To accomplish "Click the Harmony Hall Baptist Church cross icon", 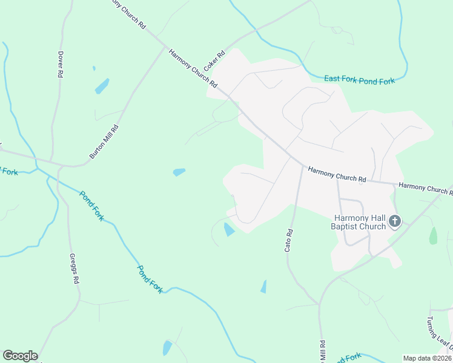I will pos(395,221).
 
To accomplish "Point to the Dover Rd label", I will pos(61,63).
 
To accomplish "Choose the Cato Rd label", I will pos(289,240).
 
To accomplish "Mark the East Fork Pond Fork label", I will pos(359,80).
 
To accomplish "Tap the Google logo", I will pos(20,356).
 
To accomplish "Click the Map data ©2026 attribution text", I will pos(427,358).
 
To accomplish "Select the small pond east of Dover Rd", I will pos(102,86).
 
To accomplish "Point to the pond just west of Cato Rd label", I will pos(263,286).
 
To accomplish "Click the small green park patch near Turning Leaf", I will pos(433,235).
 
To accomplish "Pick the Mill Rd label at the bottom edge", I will pos(323,351).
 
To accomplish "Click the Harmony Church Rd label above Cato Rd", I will pos(337,175).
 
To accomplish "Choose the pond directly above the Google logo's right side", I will pos(167,348).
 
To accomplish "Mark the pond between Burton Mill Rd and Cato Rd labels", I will pos(179,172).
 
